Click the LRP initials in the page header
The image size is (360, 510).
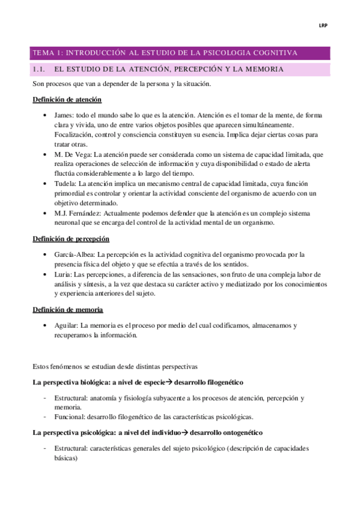322,25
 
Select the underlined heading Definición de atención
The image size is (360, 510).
67,100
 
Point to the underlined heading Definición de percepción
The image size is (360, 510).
70,239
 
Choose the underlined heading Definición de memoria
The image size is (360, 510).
67,310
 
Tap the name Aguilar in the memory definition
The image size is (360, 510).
66,325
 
